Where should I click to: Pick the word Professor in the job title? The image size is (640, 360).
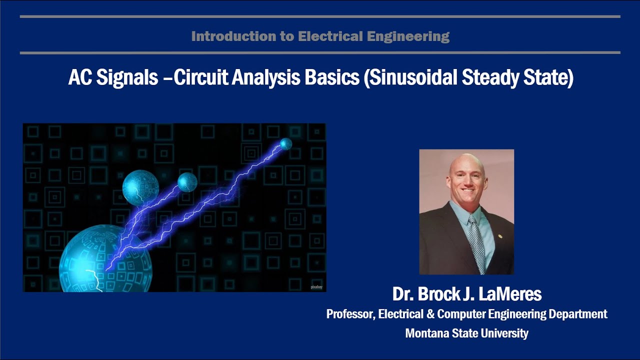click(x=349, y=314)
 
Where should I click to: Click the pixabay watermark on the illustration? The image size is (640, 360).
click(x=316, y=287)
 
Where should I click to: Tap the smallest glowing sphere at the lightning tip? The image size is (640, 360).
click(x=285, y=144)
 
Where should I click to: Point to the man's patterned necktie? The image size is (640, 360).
click(x=476, y=239)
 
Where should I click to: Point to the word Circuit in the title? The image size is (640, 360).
click(x=199, y=78)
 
